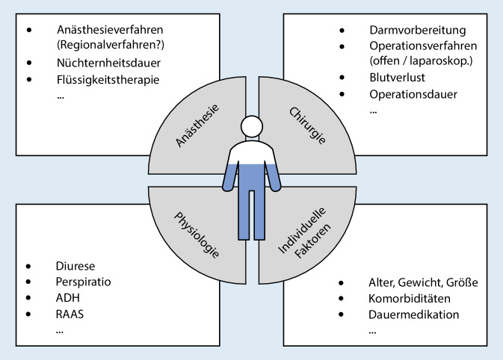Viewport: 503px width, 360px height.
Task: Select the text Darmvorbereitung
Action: click(x=418, y=31)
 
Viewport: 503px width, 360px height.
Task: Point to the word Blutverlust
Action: click(x=396, y=77)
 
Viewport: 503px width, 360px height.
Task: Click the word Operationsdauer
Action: click(x=413, y=94)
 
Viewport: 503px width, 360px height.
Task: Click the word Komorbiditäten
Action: click(x=409, y=298)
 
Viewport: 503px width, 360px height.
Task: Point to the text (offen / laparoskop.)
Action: click(x=423, y=60)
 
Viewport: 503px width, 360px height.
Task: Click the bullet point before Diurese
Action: click(x=29, y=265)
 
